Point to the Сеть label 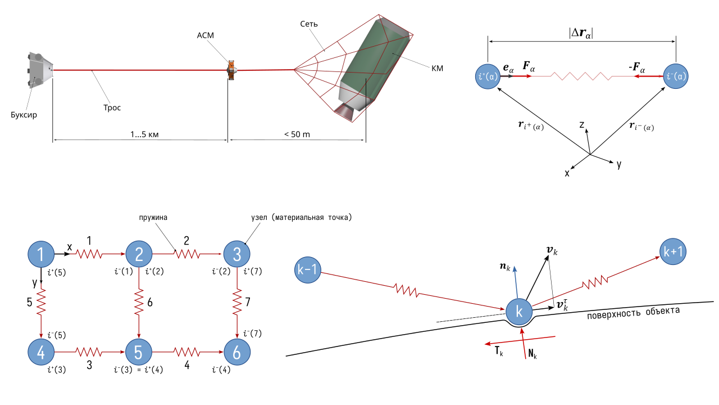coord(309,24)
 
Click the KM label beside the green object coord(438,68)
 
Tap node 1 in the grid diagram coord(40,255)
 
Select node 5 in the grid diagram coord(138,352)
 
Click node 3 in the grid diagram coord(236,255)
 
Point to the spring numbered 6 coord(138,304)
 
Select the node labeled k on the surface coord(520,310)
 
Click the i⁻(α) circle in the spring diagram coord(676,76)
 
